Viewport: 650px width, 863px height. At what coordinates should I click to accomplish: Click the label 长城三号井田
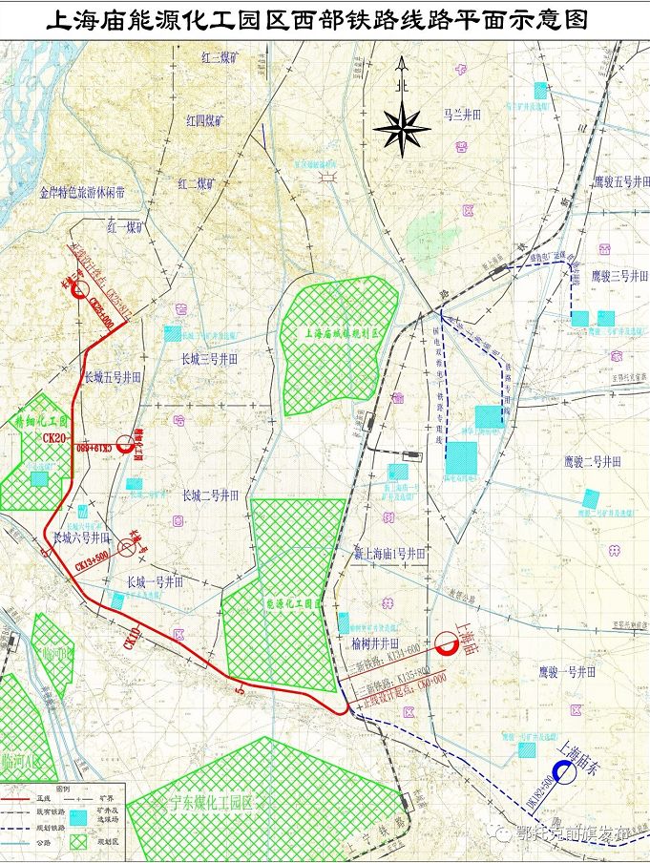click(209, 359)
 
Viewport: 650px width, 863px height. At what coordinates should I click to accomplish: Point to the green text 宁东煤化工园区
click(211, 802)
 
